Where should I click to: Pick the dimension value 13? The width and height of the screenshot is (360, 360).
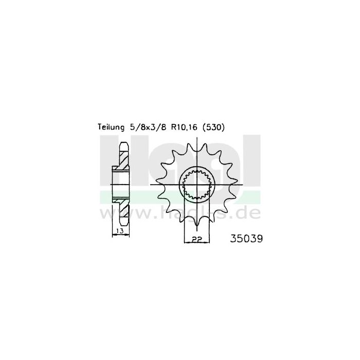[x=119, y=231]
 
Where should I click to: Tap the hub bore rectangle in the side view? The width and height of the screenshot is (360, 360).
[x=121, y=184]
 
